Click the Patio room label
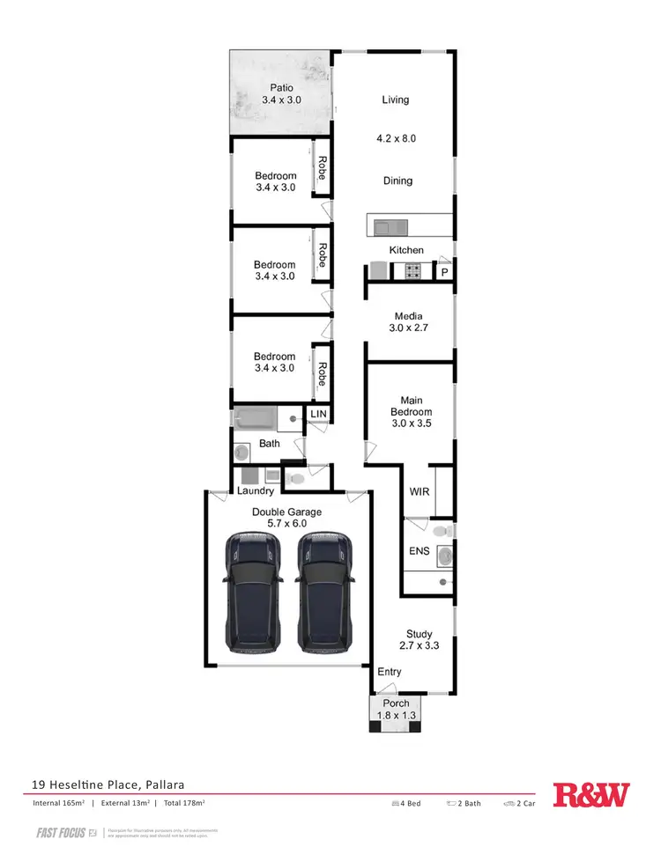(x=281, y=87)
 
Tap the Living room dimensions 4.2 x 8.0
(x=396, y=138)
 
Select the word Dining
(x=397, y=180)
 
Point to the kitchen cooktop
(x=412, y=272)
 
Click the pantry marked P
(x=445, y=273)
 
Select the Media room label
(x=408, y=316)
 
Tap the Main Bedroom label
(x=411, y=406)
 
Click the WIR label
(x=420, y=491)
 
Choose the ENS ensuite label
(x=419, y=553)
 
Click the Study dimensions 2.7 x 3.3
(x=419, y=645)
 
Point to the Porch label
(x=396, y=704)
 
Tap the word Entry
(x=389, y=672)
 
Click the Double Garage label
(x=286, y=512)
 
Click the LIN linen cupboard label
(x=317, y=413)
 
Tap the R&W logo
(x=591, y=795)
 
